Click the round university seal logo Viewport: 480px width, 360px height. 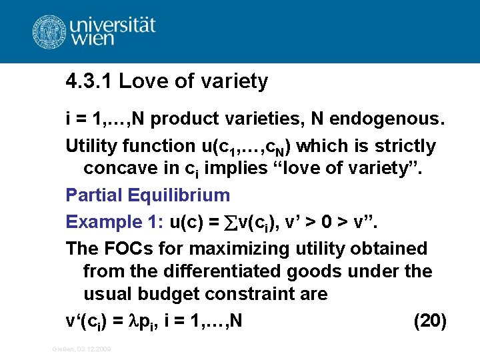tap(49, 31)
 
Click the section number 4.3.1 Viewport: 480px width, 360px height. tap(89, 81)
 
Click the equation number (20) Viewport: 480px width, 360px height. tap(430, 321)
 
